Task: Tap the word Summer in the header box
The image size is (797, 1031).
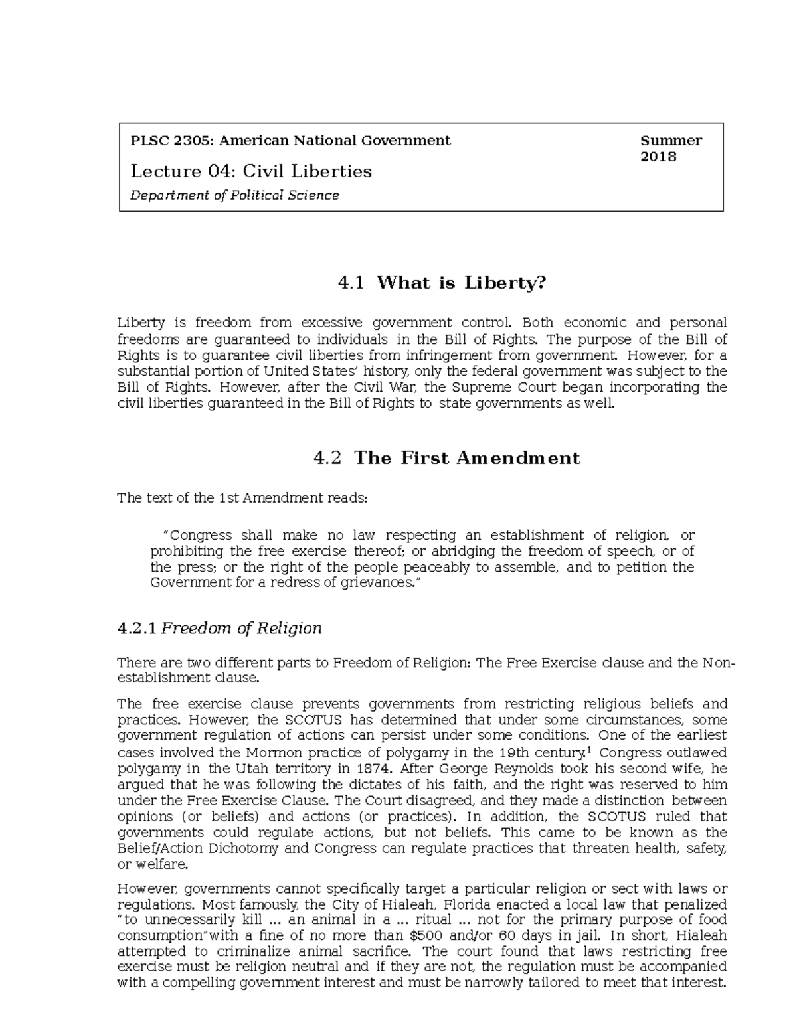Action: (x=671, y=141)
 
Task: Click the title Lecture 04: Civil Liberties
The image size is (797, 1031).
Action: (x=251, y=171)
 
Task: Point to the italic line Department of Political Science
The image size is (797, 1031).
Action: (x=234, y=195)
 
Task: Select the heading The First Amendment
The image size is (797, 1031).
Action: (x=467, y=458)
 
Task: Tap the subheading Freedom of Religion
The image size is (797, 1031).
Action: (x=242, y=628)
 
